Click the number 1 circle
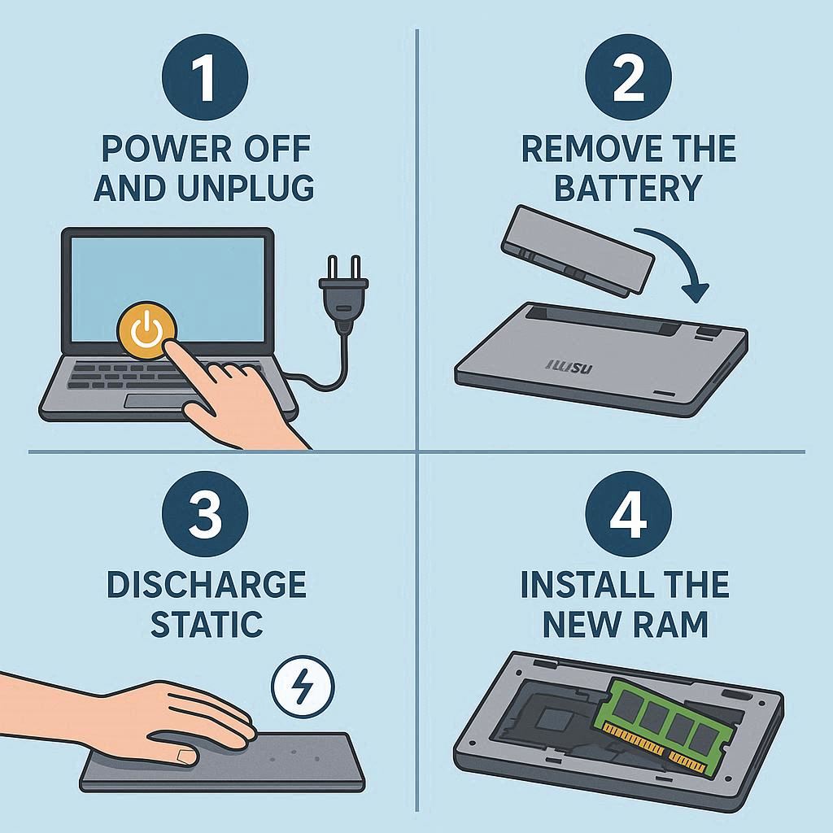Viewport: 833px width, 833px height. point(205,77)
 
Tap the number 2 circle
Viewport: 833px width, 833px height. point(629,77)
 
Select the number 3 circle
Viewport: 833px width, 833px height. point(205,514)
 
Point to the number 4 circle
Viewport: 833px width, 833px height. point(629,514)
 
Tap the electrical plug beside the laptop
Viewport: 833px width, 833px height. point(343,294)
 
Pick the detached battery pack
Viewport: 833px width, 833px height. point(578,249)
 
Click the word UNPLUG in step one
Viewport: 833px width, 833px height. point(246,188)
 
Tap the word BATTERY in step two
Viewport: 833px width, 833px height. point(629,188)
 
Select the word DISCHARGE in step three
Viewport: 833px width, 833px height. point(207,584)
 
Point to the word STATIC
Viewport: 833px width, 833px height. point(207,624)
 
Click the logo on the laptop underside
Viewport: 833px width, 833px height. point(569,367)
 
